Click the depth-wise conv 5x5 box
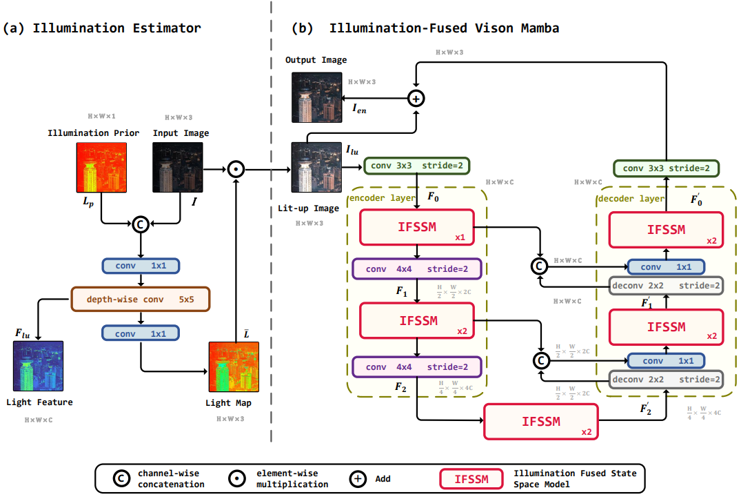tap(140, 300)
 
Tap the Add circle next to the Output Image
tap(416, 99)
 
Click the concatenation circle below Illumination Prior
tap(141, 223)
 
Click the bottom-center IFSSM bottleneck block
tap(541, 421)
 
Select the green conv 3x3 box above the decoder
tap(667, 168)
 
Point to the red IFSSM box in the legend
tap(470, 478)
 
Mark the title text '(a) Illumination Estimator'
tap(102, 28)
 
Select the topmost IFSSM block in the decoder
tap(666, 230)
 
